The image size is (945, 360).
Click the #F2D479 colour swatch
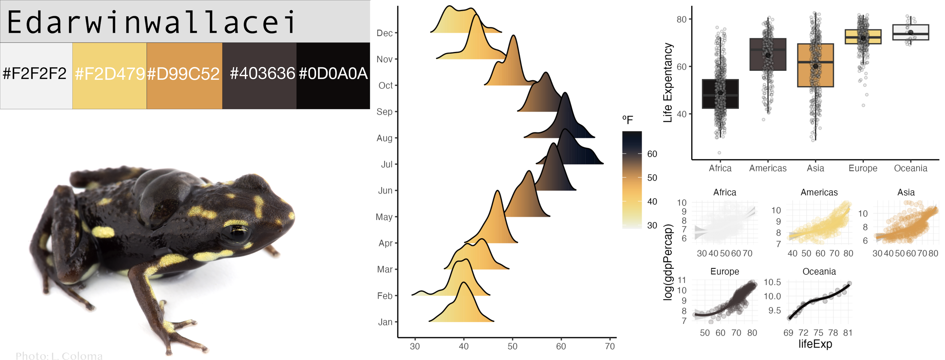pos(109,92)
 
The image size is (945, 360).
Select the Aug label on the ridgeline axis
pos(384,138)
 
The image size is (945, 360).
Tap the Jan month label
pos(385,322)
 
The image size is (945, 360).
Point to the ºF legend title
pos(627,120)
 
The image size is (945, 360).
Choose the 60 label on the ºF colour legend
pos(652,154)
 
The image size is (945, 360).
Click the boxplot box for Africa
pos(720,94)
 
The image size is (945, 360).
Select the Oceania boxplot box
pos(911,32)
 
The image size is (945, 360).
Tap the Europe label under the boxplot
pos(863,168)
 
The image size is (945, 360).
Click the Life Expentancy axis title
pos(668,82)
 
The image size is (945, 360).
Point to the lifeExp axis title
pos(815,344)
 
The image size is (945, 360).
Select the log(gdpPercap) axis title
pos(668,262)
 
